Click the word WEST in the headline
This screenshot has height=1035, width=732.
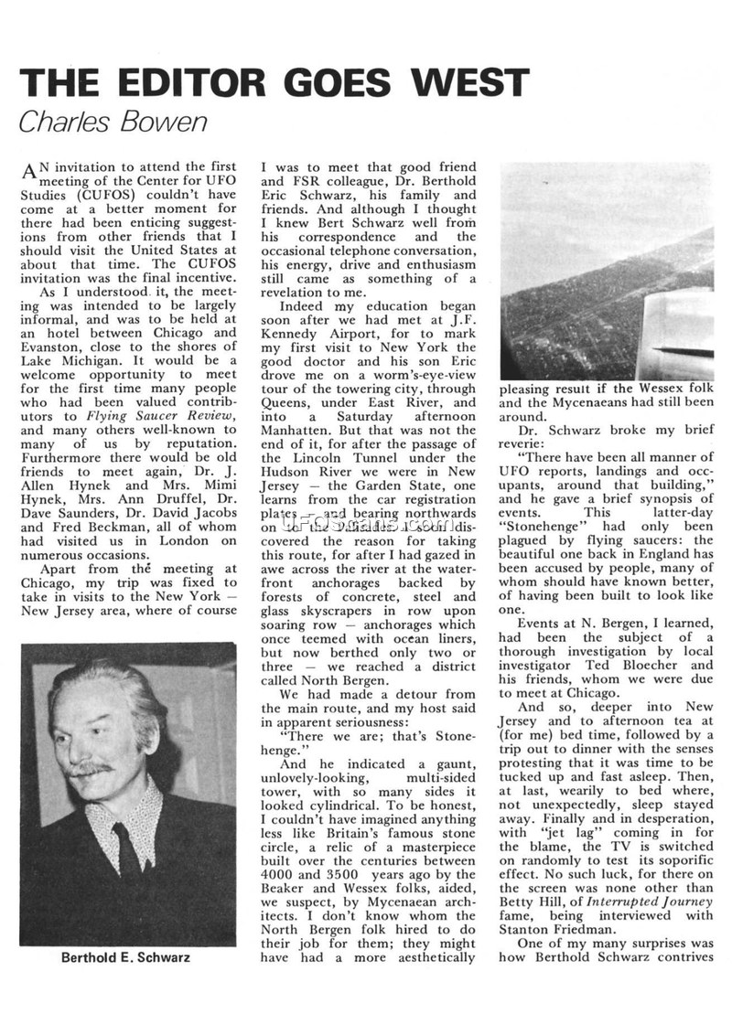pyautogui.click(x=470, y=83)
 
